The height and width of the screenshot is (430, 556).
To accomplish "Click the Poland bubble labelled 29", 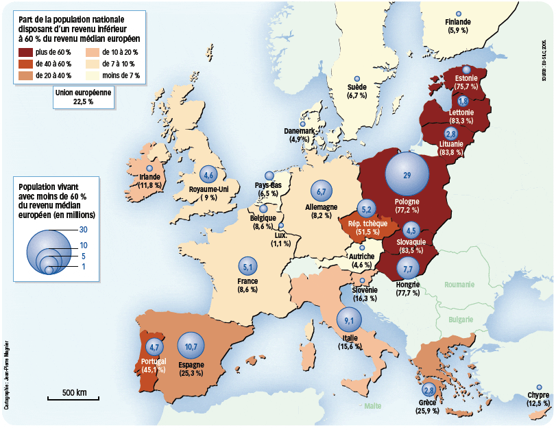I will point(407,176).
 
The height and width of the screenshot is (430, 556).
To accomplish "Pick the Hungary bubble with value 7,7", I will point(407,269).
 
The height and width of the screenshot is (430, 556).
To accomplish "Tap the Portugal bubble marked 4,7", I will point(154,346).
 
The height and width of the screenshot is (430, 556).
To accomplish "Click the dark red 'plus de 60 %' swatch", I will point(26,51).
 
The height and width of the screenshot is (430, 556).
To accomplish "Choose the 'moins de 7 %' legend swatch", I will point(92,75).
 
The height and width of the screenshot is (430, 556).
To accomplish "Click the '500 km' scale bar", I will point(73,398).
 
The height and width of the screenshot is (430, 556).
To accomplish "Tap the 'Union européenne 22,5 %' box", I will point(83,97).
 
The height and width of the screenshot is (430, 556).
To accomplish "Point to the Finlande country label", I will point(458,22).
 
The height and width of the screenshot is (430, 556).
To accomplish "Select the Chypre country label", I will point(538,395).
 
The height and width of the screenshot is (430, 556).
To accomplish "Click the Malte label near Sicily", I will point(373,406).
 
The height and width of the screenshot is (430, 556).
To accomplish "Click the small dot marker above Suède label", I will point(356,80).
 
